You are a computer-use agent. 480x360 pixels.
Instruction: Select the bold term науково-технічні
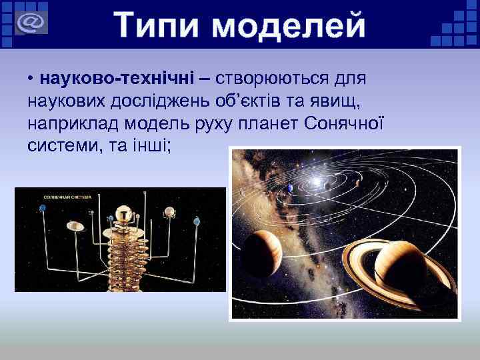coord(117,79)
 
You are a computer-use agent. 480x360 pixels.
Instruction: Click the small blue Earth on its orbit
coord(291,189)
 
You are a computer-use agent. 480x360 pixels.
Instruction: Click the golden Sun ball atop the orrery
coord(123,213)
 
